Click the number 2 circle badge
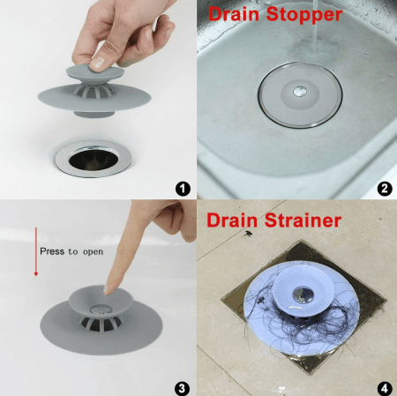click(384, 188)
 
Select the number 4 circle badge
click(384, 386)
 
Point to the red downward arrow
click(35, 250)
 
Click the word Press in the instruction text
click(52, 251)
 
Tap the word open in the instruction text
click(91, 251)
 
